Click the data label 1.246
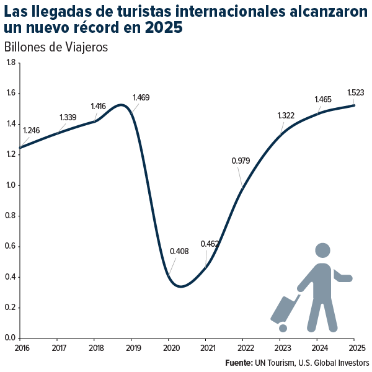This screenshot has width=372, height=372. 31,131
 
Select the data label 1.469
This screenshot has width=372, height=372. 141,97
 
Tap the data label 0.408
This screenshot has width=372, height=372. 179,252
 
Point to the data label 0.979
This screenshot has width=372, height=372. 241,161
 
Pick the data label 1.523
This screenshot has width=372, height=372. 355,92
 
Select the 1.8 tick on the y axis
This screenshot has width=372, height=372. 11,63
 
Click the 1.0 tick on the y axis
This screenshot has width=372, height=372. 11,185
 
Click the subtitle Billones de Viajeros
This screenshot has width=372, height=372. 56,47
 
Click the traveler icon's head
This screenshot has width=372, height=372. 322,250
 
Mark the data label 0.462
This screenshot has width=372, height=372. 210,244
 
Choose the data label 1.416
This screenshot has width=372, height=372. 99,106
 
